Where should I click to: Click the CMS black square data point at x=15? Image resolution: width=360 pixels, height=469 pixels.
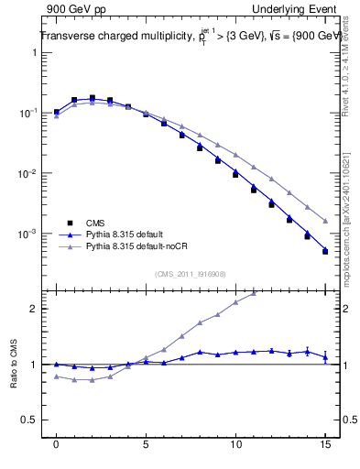pyautogui.click(x=325, y=251)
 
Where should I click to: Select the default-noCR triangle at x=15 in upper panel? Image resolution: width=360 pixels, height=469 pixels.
pyautogui.click(x=325, y=221)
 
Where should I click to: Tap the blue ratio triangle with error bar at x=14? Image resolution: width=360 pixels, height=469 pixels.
pyautogui.click(x=307, y=351)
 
